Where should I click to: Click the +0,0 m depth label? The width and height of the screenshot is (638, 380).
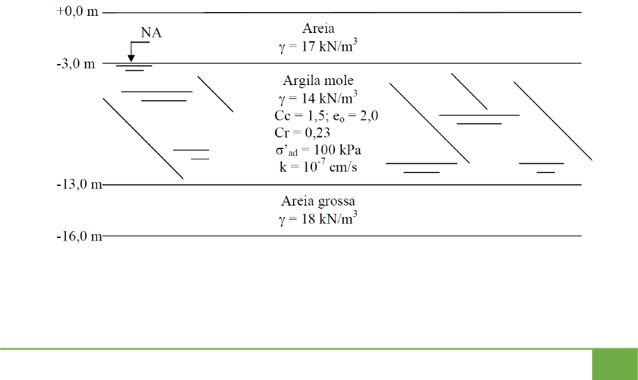click(77, 12)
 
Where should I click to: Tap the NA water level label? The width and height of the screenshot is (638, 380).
click(151, 33)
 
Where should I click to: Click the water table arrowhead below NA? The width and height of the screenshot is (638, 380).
click(131, 58)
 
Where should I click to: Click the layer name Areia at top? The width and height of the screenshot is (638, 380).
click(318, 29)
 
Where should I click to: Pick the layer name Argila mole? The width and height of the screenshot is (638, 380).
click(318, 81)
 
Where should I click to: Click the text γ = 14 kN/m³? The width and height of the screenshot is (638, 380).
click(318, 98)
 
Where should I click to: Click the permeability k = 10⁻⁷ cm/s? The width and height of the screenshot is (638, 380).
click(315, 167)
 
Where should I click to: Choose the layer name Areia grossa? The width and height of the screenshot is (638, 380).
click(318, 201)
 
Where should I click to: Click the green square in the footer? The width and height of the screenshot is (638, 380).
click(615, 365)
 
